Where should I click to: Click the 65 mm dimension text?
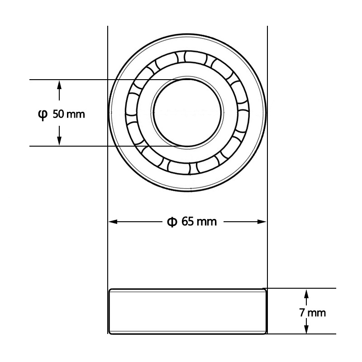pyautogui.click(x=199, y=222)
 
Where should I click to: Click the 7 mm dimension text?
pyautogui.click(x=312, y=313)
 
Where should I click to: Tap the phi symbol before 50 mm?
pyautogui.click(x=42, y=114)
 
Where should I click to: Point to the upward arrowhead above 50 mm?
pyautogui.click(x=59, y=84)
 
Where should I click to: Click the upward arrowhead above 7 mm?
pyautogui.click(x=306, y=293)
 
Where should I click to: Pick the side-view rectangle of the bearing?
pyautogui.click(x=187, y=311)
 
